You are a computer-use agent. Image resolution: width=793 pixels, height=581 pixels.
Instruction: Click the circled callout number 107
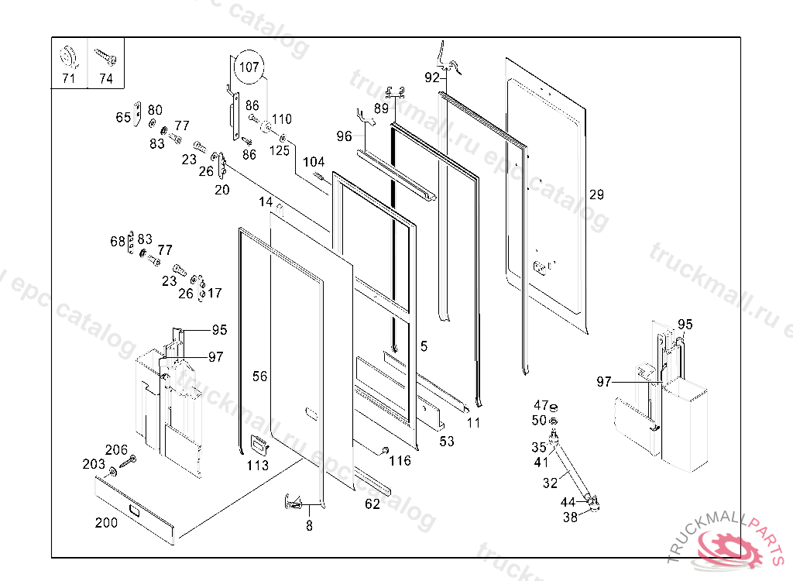coord(249,67)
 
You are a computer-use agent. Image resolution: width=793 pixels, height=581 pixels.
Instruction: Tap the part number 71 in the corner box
coord(69,78)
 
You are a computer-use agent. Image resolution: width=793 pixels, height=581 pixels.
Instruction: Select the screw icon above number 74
coord(106,57)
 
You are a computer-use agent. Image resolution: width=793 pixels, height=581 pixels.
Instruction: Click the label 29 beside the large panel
coord(596,194)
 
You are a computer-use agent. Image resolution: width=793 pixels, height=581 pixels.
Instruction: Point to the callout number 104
coord(314,162)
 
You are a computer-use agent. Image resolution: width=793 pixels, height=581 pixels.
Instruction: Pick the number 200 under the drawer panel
coord(106,522)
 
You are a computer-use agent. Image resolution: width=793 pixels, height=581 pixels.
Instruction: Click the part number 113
coord(258,465)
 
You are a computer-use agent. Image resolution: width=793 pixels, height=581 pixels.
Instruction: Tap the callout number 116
coord(400,462)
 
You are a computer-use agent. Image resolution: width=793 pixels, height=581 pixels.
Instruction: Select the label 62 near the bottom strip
coord(372,504)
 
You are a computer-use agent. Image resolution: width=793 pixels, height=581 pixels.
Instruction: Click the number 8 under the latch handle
coord(309,526)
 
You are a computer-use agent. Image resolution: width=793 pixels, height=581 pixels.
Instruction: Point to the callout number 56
coord(260,376)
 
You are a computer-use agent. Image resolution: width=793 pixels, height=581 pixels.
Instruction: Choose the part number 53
coord(447,442)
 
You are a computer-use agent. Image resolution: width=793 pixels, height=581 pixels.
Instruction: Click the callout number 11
coord(474,423)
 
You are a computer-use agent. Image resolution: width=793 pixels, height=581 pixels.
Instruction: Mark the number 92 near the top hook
coord(432,77)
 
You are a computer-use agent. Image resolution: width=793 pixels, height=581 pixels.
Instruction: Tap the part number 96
coord(345,136)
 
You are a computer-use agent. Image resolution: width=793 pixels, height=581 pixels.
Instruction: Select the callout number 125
coord(280,150)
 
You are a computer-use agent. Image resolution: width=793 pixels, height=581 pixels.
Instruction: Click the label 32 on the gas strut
coord(551,483)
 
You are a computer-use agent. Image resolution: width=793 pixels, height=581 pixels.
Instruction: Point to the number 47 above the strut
coord(541,405)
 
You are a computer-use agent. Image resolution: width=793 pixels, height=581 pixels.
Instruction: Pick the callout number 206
coord(116,449)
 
